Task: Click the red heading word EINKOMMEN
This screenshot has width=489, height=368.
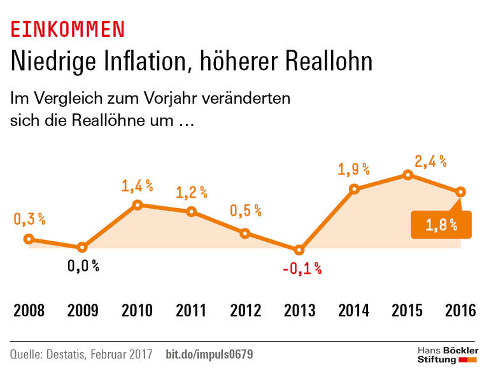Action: pyautogui.click(x=67, y=29)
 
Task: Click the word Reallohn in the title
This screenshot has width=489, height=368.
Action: pyautogui.click(x=318, y=62)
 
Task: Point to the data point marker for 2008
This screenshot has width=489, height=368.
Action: pyautogui.click(x=29, y=239)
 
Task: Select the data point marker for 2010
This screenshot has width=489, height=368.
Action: pyautogui.click(x=137, y=205)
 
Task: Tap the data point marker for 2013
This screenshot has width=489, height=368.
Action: pyautogui.click(x=299, y=250)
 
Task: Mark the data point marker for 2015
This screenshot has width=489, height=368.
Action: pyautogui.click(x=407, y=175)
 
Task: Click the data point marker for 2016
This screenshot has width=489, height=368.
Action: pyautogui.click(x=461, y=192)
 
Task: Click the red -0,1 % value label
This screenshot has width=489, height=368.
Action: pyautogui.click(x=302, y=269)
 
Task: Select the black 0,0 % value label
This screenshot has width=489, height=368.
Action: pyautogui.click(x=83, y=266)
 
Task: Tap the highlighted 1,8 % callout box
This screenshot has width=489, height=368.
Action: pyautogui.click(x=442, y=224)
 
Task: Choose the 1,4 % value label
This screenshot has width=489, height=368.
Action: pyautogui.click(x=138, y=186)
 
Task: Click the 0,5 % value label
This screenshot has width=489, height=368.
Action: pyautogui.click(x=246, y=211)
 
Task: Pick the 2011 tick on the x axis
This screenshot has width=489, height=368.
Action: pyautogui.click(x=191, y=311)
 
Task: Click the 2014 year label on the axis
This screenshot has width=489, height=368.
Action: pyautogui.click(x=353, y=311)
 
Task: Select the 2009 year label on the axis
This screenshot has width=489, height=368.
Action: pyautogui.click(x=83, y=311)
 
